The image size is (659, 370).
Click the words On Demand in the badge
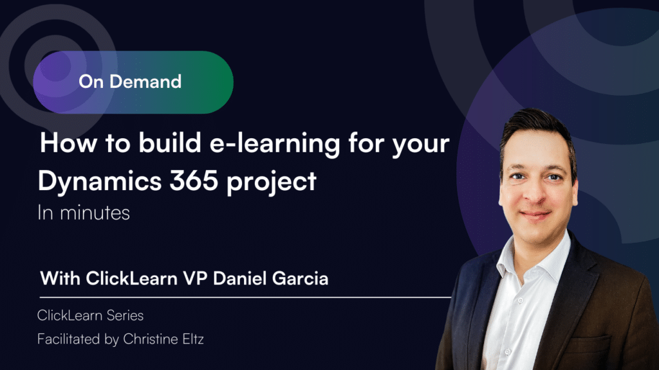[130, 82]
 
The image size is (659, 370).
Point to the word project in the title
[271, 182]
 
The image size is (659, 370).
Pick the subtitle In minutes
[84, 213]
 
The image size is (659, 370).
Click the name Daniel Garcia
[271, 279]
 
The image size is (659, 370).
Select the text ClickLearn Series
[90, 315]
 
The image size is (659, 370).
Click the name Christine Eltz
[163, 339]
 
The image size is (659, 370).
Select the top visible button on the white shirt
[520, 301]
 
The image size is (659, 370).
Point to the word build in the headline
[170, 143]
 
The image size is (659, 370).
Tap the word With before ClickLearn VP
[60, 279]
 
